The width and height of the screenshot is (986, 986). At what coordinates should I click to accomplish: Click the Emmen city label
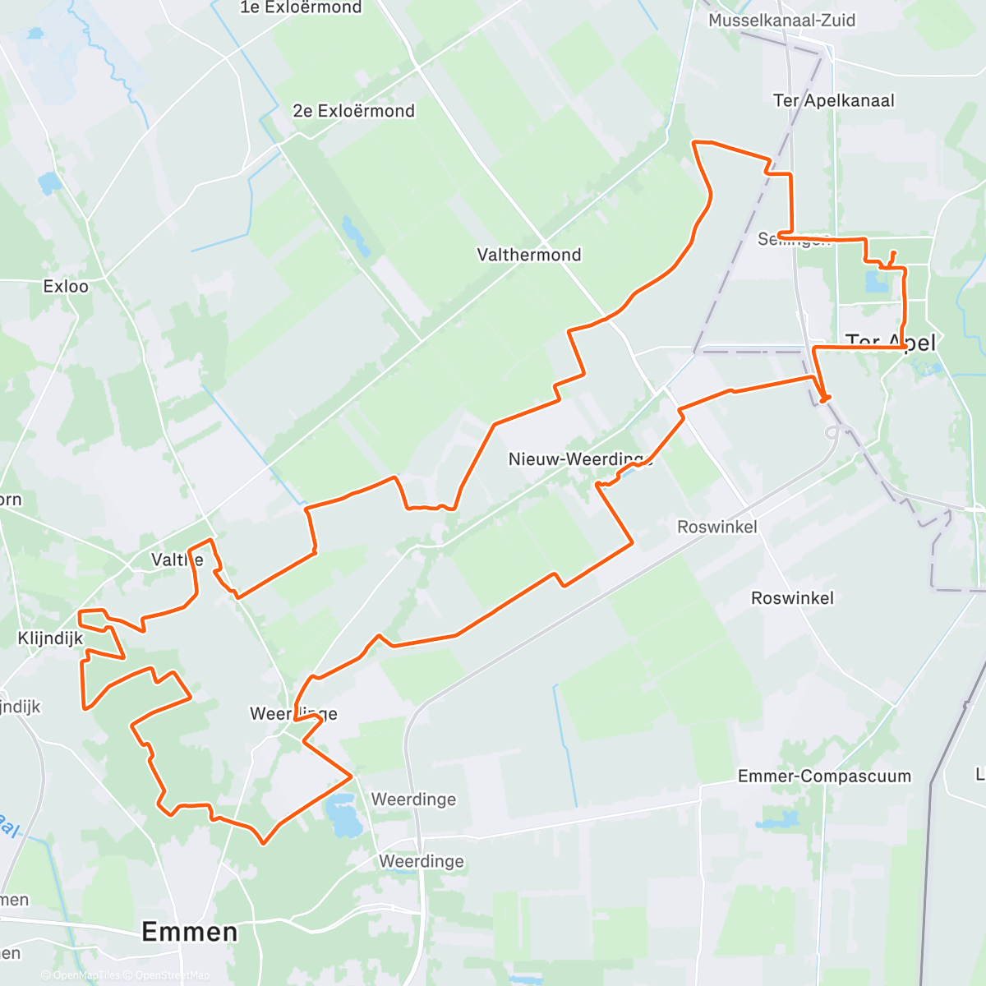(x=190, y=932)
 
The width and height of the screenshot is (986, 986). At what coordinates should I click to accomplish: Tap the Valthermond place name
(x=529, y=255)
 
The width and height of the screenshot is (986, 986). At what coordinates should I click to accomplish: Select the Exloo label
(x=66, y=286)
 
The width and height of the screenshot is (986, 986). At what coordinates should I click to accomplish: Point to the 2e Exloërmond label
(x=354, y=111)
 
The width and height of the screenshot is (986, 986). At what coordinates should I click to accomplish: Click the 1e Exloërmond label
(x=301, y=8)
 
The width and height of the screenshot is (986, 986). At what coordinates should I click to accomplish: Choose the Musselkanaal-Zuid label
(x=781, y=21)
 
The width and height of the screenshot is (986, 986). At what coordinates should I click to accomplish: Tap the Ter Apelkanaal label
(x=834, y=100)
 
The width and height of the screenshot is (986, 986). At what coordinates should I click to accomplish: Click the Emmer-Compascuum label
(x=824, y=776)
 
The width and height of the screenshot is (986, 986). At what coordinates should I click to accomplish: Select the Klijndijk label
(x=51, y=638)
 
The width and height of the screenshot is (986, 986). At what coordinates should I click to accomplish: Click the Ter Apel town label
(x=891, y=342)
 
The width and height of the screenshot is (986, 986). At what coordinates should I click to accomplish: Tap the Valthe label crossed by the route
(x=177, y=560)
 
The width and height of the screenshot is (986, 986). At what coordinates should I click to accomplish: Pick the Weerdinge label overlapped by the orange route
(x=293, y=713)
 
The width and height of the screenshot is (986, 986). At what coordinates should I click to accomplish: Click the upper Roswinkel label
(x=717, y=527)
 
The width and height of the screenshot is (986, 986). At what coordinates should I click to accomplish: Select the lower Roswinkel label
(x=792, y=598)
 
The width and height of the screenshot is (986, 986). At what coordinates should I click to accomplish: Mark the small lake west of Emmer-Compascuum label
(x=778, y=820)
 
